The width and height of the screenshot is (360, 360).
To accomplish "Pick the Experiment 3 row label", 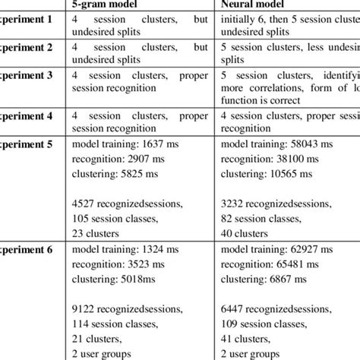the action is (26, 75).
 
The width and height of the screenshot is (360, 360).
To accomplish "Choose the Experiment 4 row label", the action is (26, 117).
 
